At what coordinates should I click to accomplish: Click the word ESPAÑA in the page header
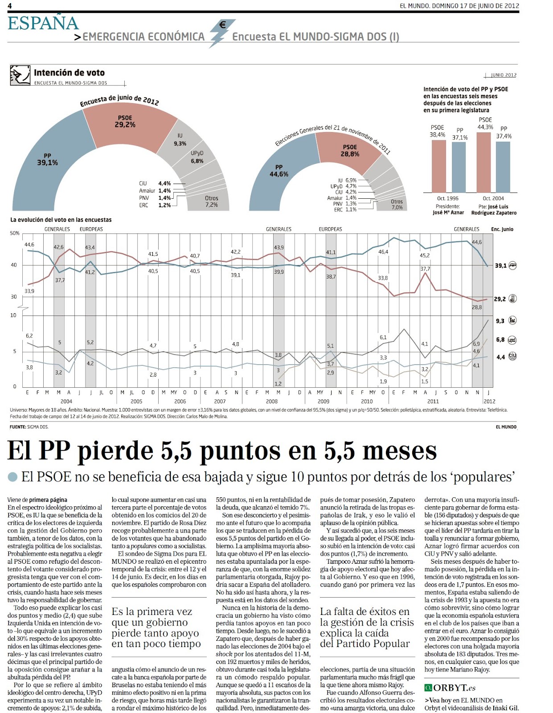pos(43,23)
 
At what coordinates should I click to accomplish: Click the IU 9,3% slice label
pos(180,139)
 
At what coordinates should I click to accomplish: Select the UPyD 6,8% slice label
pos(197,157)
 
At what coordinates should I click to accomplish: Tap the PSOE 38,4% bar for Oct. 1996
pos(438,166)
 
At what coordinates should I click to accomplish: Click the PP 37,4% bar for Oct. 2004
pos(503,167)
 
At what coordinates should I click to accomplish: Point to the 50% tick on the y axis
pos(15,233)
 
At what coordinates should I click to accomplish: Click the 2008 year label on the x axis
pos(272,401)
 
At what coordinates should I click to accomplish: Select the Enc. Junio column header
pos(502,229)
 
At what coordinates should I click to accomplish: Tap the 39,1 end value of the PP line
pos(500,266)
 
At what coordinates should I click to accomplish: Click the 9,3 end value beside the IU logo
pos(500,321)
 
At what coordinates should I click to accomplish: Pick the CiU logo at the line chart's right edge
pos(512,356)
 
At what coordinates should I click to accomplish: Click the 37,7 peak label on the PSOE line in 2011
pos(425,269)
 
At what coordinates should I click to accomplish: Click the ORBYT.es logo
pos(450,688)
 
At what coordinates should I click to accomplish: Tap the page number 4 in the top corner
pos(10,5)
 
